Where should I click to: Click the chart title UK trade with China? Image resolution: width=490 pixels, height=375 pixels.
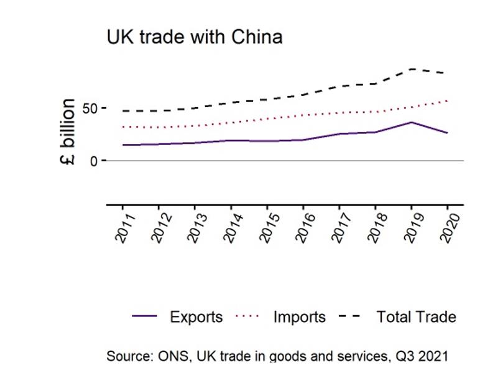pos(194,37)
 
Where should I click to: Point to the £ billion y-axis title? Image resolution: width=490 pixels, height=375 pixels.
pos(68,131)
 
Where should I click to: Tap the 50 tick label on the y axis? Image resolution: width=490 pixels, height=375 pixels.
pos(90,109)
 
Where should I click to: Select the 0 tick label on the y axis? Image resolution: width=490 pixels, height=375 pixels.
pos(95,161)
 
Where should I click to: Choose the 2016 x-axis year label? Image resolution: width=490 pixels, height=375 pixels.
pos(305,227)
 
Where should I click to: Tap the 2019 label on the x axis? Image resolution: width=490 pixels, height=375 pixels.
pos(414,227)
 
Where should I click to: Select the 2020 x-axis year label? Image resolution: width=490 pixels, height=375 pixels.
pos(450,227)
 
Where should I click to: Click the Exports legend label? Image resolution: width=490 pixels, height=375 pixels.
pos(196,317)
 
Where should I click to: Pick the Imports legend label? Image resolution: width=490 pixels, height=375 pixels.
pos(299,317)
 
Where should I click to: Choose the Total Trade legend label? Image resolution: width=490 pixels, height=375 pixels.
pos(415,317)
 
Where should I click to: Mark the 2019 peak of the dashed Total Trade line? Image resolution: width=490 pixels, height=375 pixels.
pos(412,69)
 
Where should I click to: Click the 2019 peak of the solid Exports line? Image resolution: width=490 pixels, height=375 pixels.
pos(411,122)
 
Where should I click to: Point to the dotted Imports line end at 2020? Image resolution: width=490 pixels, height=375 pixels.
pos(446,100)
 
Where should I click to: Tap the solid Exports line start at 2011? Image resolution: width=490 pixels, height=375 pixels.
pos(123,145)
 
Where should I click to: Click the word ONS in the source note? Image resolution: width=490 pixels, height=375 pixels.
pos(173,356)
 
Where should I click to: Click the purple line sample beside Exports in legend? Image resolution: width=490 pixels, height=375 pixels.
pos(144,317)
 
